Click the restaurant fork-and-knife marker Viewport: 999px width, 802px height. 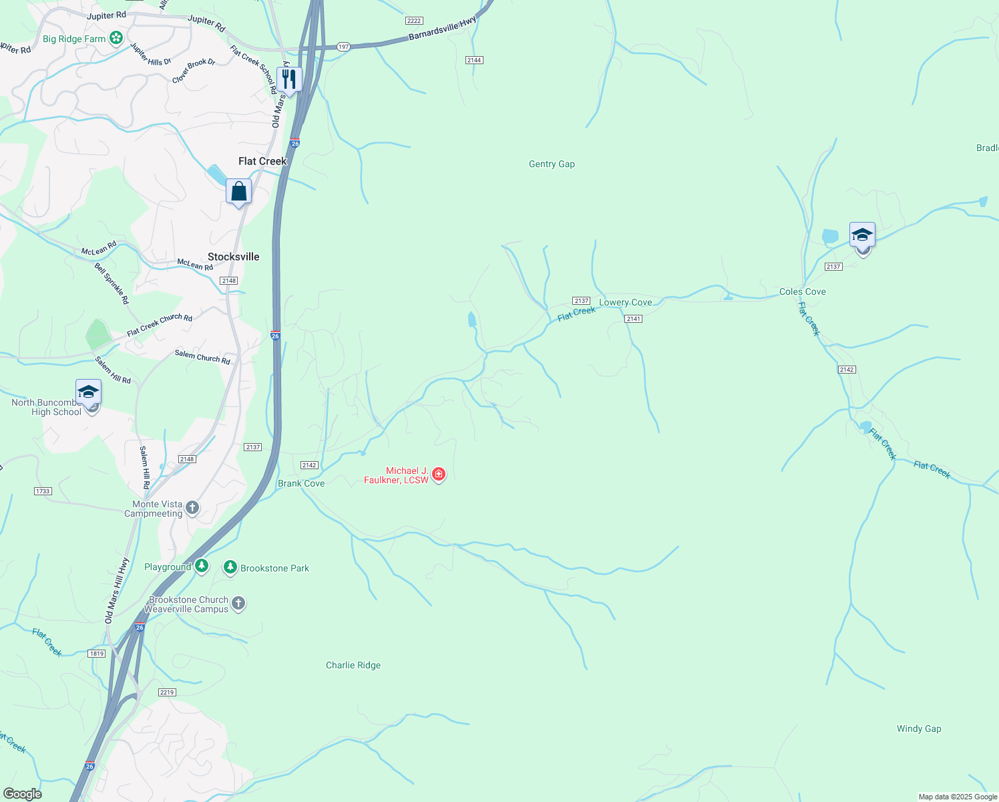point(289,80)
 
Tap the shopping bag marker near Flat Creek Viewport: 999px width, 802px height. point(238,192)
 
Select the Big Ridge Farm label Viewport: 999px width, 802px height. point(74,39)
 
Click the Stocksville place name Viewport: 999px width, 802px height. point(233,257)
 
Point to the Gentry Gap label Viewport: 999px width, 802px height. point(552,164)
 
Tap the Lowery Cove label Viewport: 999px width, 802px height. point(625,302)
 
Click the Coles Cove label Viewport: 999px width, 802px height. point(802,291)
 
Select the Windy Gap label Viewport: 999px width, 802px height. point(918,728)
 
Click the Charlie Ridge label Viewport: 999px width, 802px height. point(353,665)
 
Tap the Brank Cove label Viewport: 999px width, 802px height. point(301,483)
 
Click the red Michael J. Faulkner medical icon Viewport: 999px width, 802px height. point(439,474)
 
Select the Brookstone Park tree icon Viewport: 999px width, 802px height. point(230,567)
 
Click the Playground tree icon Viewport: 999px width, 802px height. point(202,566)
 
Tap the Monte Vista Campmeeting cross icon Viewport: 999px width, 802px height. point(192,508)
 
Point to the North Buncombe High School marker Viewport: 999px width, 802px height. point(88,392)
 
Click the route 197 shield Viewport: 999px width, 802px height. point(343,47)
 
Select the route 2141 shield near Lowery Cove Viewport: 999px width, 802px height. point(633,319)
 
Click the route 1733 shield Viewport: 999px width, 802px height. point(42,491)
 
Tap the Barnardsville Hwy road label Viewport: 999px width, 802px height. point(442,29)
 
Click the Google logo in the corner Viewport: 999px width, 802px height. point(23,794)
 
